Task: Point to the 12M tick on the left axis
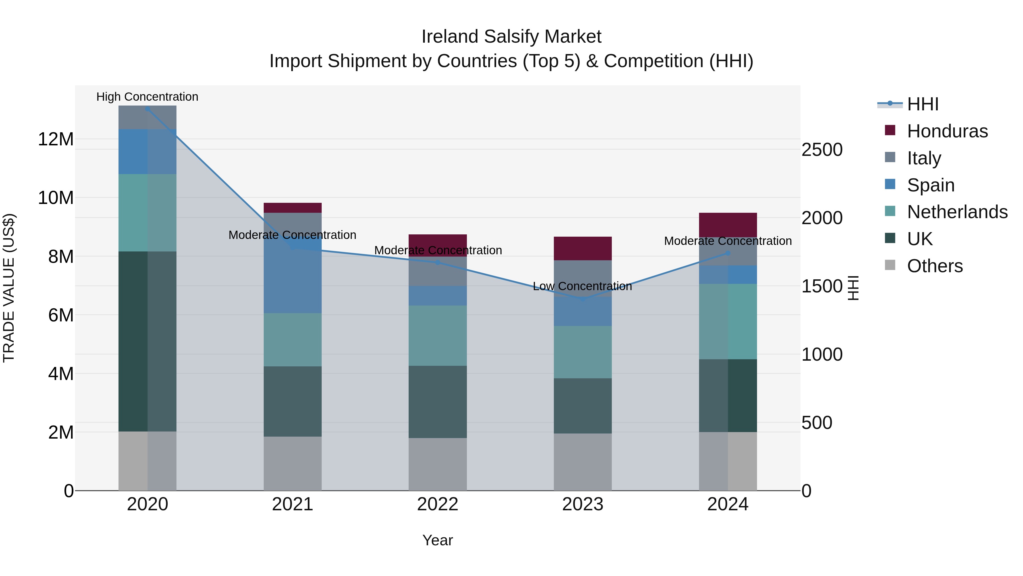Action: [56, 139]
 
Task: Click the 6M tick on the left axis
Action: [60, 315]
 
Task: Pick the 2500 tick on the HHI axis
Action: [822, 150]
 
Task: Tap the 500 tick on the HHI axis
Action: [816, 423]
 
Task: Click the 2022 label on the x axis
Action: [438, 504]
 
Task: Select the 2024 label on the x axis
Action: [727, 504]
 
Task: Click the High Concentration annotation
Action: [147, 97]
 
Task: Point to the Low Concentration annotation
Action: [582, 286]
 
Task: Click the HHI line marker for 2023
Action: [583, 299]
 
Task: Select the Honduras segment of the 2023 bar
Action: [583, 248]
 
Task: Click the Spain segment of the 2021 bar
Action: [293, 278]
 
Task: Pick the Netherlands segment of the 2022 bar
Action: [438, 336]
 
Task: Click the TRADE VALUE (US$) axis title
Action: [9, 288]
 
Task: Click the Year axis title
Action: [438, 540]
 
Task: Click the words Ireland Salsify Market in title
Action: [511, 37]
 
